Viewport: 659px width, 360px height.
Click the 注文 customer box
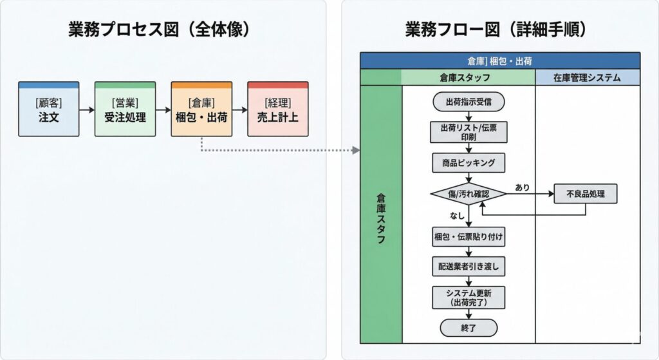(49, 109)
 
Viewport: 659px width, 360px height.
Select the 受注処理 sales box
(125, 109)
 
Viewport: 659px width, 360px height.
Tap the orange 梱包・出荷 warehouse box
(201, 109)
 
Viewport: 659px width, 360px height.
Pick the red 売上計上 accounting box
(278, 109)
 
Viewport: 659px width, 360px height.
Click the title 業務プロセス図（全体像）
(159, 31)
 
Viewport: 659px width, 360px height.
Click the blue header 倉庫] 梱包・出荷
(500, 61)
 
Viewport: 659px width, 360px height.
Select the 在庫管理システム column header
(587, 78)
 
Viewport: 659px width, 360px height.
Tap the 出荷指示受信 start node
(468, 102)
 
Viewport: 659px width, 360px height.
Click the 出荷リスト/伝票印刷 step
(468, 132)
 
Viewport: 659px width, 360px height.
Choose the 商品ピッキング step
(468, 163)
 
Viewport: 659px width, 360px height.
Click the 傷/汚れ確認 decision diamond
(468, 193)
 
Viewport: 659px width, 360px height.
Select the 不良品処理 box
(585, 193)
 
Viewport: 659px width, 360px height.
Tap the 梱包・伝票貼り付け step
(468, 236)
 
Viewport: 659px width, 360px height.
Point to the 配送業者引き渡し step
(468, 265)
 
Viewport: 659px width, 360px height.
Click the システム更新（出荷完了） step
(468, 297)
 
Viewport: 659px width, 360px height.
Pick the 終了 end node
(468, 327)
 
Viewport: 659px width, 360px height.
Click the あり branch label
(523, 187)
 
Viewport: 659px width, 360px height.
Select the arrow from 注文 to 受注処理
(87, 109)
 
